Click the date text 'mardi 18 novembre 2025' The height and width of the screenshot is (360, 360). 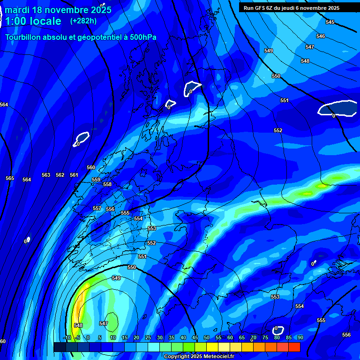58,10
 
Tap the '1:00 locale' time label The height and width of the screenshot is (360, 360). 33,21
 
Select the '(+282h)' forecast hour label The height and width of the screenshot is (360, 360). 83,21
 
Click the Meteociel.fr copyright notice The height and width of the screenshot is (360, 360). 199,356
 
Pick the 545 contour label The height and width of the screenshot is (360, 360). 330,22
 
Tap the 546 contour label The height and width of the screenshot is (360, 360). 321,36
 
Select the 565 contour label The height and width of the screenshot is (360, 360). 10,178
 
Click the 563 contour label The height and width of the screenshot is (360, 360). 46,175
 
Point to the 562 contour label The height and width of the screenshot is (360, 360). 60,175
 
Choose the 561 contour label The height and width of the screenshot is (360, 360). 74,175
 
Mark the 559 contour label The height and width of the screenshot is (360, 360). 96,180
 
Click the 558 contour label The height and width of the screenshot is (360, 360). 107,184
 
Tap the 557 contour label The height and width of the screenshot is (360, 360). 97,208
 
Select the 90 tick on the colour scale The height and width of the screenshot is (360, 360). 300,337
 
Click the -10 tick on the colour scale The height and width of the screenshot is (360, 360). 67,337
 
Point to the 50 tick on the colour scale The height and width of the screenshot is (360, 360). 207,337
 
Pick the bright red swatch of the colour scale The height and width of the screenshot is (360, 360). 294,347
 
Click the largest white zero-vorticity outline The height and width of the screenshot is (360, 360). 337,108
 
